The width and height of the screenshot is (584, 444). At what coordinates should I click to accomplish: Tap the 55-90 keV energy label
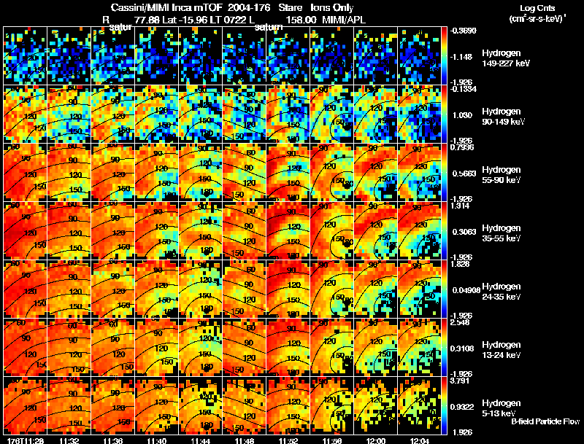(501, 179)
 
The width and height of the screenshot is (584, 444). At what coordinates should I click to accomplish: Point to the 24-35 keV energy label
(501, 296)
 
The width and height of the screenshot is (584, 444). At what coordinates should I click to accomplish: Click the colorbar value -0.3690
(465, 31)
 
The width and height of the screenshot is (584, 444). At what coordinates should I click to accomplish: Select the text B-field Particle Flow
(546, 422)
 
